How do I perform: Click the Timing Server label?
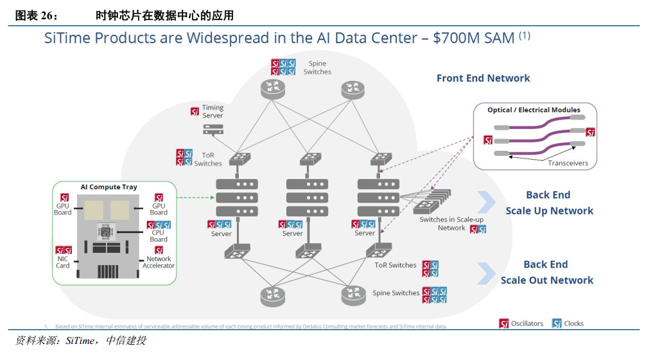coord(213,112)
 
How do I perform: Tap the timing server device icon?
coord(213,129)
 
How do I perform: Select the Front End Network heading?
coord(483,78)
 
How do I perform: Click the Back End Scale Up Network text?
coord(549,203)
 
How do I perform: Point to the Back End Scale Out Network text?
coord(546,272)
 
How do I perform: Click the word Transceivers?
coord(568,163)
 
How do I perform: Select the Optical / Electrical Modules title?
coord(534,110)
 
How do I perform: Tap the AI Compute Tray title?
coord(109,187)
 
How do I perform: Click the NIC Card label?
coord(63,262)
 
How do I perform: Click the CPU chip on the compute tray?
coord(104,231)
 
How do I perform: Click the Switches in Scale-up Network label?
coord(451,223)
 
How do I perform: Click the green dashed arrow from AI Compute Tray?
coord(194,198)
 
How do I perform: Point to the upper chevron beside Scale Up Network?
coord(486,202)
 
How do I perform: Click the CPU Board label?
coord(158,236)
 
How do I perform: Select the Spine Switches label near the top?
coord(317,67)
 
